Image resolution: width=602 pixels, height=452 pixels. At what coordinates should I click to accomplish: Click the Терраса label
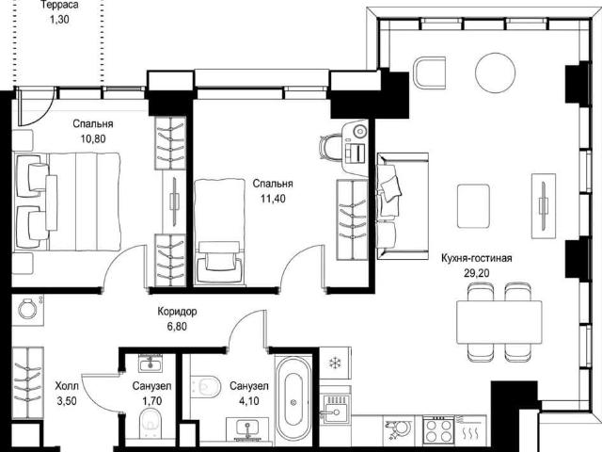[x=59, y=5]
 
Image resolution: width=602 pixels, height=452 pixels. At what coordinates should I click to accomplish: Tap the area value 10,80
[x=93, y=138]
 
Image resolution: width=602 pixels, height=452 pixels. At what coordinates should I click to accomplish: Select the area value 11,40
[x=273, y=199]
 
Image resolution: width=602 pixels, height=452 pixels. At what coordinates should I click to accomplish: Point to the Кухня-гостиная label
[x=477, y=258]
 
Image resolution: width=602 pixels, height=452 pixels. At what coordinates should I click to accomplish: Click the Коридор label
[x=177, y=311]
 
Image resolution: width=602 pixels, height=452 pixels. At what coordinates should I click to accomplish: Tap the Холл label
[x=67, y=385]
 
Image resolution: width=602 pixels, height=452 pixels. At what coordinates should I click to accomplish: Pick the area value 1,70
[x=152, y=401]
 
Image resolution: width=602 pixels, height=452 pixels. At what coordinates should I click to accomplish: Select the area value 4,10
[x=248, y=401]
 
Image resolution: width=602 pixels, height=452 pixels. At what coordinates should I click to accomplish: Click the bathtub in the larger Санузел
[x=293, y=402]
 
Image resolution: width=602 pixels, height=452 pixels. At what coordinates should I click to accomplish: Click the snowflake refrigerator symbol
[x=335, y=363]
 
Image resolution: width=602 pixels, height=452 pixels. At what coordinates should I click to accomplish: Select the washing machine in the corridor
[x=27, y=309]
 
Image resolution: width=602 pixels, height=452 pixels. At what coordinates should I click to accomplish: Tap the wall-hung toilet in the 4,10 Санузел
[x=206, y=386]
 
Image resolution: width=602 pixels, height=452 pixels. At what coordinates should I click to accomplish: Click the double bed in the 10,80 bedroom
[x=67, y=202]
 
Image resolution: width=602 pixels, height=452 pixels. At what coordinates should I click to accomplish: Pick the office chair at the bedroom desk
[x=330, y=148]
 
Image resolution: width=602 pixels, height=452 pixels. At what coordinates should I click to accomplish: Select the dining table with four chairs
[x=499, y=322]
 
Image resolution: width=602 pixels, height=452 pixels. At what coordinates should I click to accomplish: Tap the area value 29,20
[x=477, y=273]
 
